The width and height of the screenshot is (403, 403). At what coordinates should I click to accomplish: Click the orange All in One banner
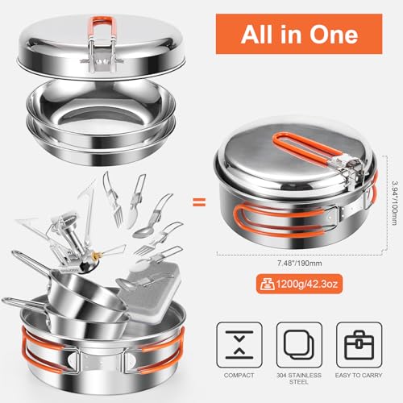coord(299,34)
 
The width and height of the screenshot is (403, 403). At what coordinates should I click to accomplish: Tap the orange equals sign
coord(199,202)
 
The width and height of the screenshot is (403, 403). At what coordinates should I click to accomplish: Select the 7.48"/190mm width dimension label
coord(300,263)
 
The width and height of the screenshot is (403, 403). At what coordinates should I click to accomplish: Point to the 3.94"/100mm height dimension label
coord(394,203)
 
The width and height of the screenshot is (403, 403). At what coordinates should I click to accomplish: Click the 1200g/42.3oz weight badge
coord(299,284)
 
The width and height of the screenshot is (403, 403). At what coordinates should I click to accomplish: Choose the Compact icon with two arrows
coord(239,345)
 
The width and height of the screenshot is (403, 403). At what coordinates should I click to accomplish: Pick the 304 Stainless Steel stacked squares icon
coord(299,345)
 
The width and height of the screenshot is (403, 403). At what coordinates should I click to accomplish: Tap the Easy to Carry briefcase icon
coord(359,345)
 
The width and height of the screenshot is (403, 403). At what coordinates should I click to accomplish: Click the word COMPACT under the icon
coord(239,376)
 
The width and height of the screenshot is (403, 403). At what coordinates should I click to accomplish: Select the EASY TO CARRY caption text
coord(359,376)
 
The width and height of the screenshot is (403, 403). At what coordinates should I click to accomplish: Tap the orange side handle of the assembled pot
coord(280,221)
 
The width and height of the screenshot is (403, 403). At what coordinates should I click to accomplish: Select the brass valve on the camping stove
coord(94,256)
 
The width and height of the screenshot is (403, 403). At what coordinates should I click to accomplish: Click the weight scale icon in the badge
coord(266,284)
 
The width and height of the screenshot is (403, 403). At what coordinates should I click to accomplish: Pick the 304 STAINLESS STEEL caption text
coord(299,379)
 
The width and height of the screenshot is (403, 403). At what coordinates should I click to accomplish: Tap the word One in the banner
coord(334,35)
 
